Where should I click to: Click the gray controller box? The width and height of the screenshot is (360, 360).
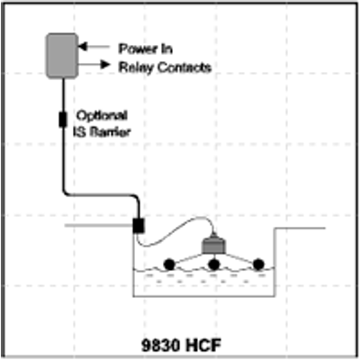pyautogui.click(x=62, y=56)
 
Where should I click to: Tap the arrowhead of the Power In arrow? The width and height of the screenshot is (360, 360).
pyautogui.click(x=82, y=47)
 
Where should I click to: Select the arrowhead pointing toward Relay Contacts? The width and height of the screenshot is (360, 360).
pyautogui.click(x=105, y=64)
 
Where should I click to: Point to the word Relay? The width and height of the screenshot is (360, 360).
pyautogui.click(x=136, y=67)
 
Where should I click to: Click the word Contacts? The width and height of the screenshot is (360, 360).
pyautogui.click(x=184, y=67)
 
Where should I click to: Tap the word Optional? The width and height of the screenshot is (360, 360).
pyautogui.click(x=102, y=115)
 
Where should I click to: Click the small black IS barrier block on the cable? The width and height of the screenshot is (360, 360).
pyautogui.click(x=63, y=119)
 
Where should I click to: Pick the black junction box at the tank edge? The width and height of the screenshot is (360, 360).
pyautogui.click(x=139, y=225)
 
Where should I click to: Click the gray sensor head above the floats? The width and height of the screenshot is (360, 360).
pyautogui.click(x=213, y=245)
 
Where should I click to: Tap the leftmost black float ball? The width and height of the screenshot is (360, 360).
pyautogui.click(x=169, y=265)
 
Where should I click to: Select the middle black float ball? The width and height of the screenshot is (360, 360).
pyautogui.click(x=214, y=265)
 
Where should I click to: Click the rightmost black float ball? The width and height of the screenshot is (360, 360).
pyautogui.click(x=258, y=265)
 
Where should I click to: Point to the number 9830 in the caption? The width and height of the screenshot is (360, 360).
pyautogui.click(x=160, y=345)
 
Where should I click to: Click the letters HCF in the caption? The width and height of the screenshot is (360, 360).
pyautogui.click(x=202, y=345)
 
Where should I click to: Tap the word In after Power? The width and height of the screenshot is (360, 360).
pyautogui.click(x=166, y=49)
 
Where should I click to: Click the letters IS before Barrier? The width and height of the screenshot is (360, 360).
pyautogui.click(x=80, y=131)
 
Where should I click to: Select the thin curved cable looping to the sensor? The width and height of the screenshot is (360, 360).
pyautogui.click(x=173, y=234)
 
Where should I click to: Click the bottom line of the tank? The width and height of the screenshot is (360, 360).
pyautogui.click(x=203, y=296)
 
